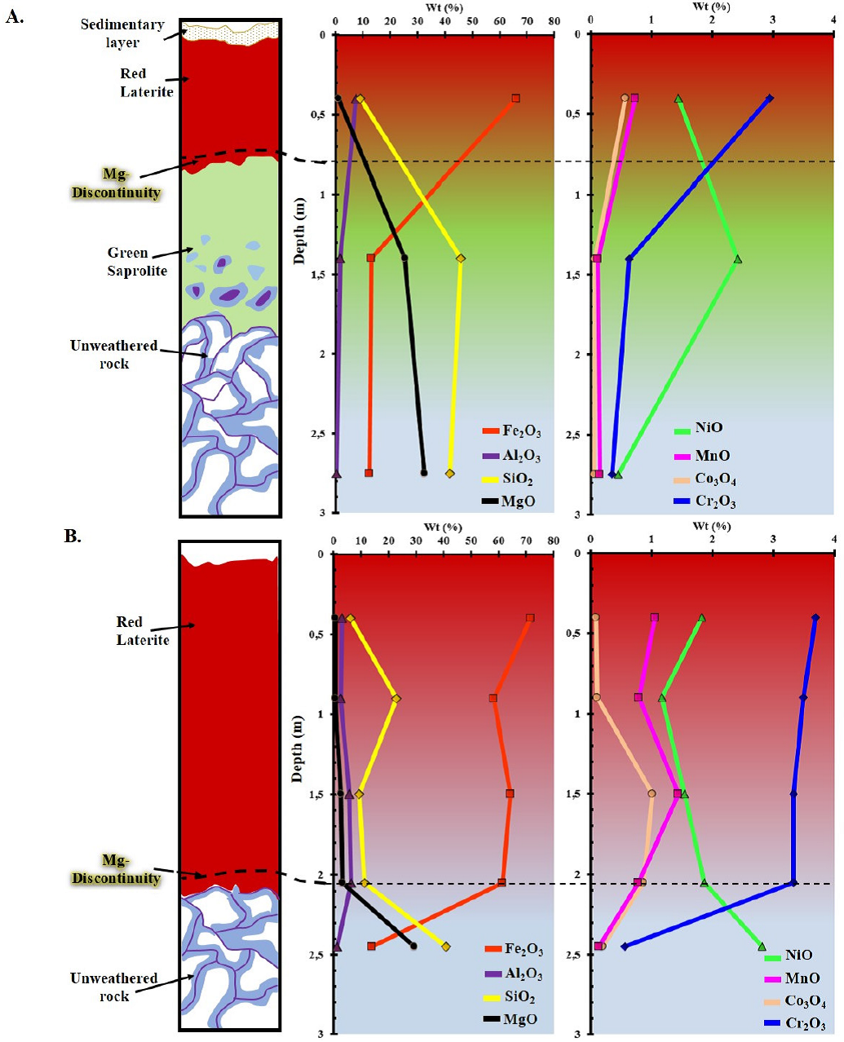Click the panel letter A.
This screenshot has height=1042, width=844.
[15, 16]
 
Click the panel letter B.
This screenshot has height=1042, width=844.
[73, 536]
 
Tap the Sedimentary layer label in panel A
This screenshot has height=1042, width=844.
[122, 33]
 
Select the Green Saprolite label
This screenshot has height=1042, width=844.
[137, 262]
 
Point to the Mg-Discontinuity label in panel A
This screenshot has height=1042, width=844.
[117, 183]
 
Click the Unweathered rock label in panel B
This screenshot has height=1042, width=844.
[114, 987]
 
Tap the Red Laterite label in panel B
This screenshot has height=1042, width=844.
[142, 631]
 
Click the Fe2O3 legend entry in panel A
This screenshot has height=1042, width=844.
[511, 431]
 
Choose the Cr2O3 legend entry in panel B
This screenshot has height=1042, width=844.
[794, 1024]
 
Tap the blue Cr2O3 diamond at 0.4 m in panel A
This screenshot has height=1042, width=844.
[769, 98]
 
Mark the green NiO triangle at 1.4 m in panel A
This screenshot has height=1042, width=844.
[737, 259]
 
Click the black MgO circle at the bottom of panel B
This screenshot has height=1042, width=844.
[413, 946]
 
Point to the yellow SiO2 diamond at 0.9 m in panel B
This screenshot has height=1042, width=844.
[396, 699]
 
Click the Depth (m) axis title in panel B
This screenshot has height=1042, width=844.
[298, 749]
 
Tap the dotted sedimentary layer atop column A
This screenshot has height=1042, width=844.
[232, 31]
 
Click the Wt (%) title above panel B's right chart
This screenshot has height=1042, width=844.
[711, 527]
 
